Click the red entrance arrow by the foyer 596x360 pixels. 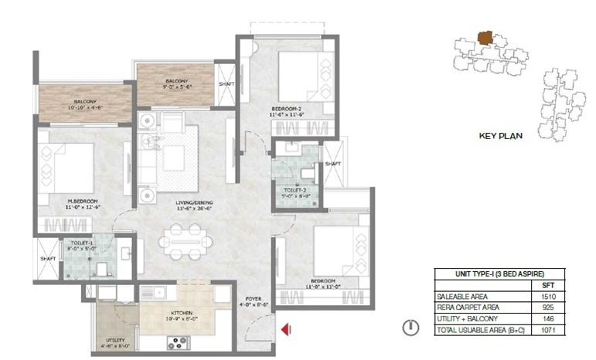[285, 330]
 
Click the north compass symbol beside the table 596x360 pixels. [410, 328]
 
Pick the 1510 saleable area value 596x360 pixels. [550, 295]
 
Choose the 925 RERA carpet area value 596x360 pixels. [550, 307]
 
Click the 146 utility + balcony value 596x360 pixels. [550, 318]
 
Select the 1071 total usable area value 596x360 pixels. [550, 330]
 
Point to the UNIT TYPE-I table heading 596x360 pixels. [499, 273]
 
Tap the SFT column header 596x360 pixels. [550, 284]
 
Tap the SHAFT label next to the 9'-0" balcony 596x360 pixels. [226, 84]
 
